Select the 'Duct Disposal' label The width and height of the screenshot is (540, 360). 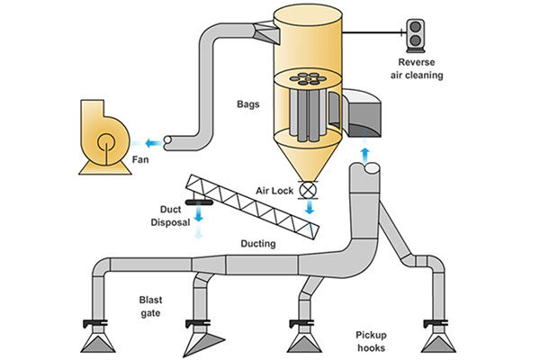point(167,218)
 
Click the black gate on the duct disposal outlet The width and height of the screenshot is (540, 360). point(195,199)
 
